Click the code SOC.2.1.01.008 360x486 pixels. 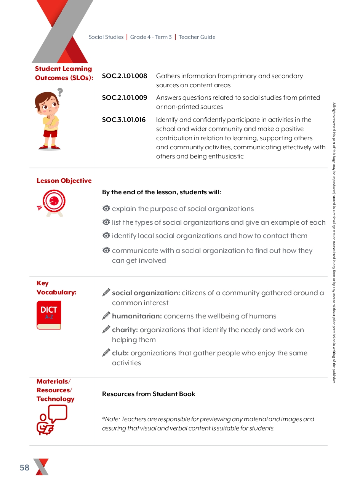click(125, 76)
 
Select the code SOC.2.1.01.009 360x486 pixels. click(125, 98)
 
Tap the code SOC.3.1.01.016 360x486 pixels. click(124, 120)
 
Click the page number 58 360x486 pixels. click(25, 468)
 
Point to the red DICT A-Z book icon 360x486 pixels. click(49, 315)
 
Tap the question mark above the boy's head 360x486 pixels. click(60, 92)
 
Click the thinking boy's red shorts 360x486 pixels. click(50, 133)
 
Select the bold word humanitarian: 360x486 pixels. click(137, 316)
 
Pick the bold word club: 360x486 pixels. click(120, 353)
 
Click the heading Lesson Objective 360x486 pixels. click(64, 181)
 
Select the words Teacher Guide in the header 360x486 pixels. click(197, 37)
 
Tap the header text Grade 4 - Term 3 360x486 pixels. click(151, 37)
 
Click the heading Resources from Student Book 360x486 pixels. click(149, 394)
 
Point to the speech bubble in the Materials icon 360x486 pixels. click(58, 413)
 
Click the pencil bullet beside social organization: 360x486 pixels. click(106, 293)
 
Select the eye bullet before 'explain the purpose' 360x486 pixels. click(106, 209)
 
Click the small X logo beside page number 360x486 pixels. click(41, 467)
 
